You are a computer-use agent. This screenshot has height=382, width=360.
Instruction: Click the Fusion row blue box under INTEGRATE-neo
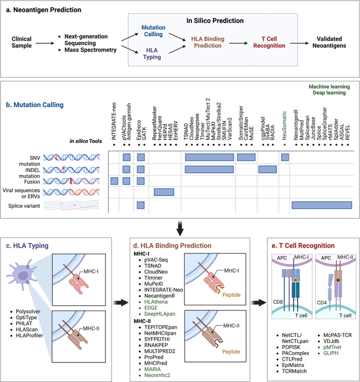coord(114,180)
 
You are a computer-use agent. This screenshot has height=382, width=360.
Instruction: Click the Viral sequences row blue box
coord(166,192)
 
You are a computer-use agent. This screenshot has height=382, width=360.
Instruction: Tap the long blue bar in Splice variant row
coord(321,205)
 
